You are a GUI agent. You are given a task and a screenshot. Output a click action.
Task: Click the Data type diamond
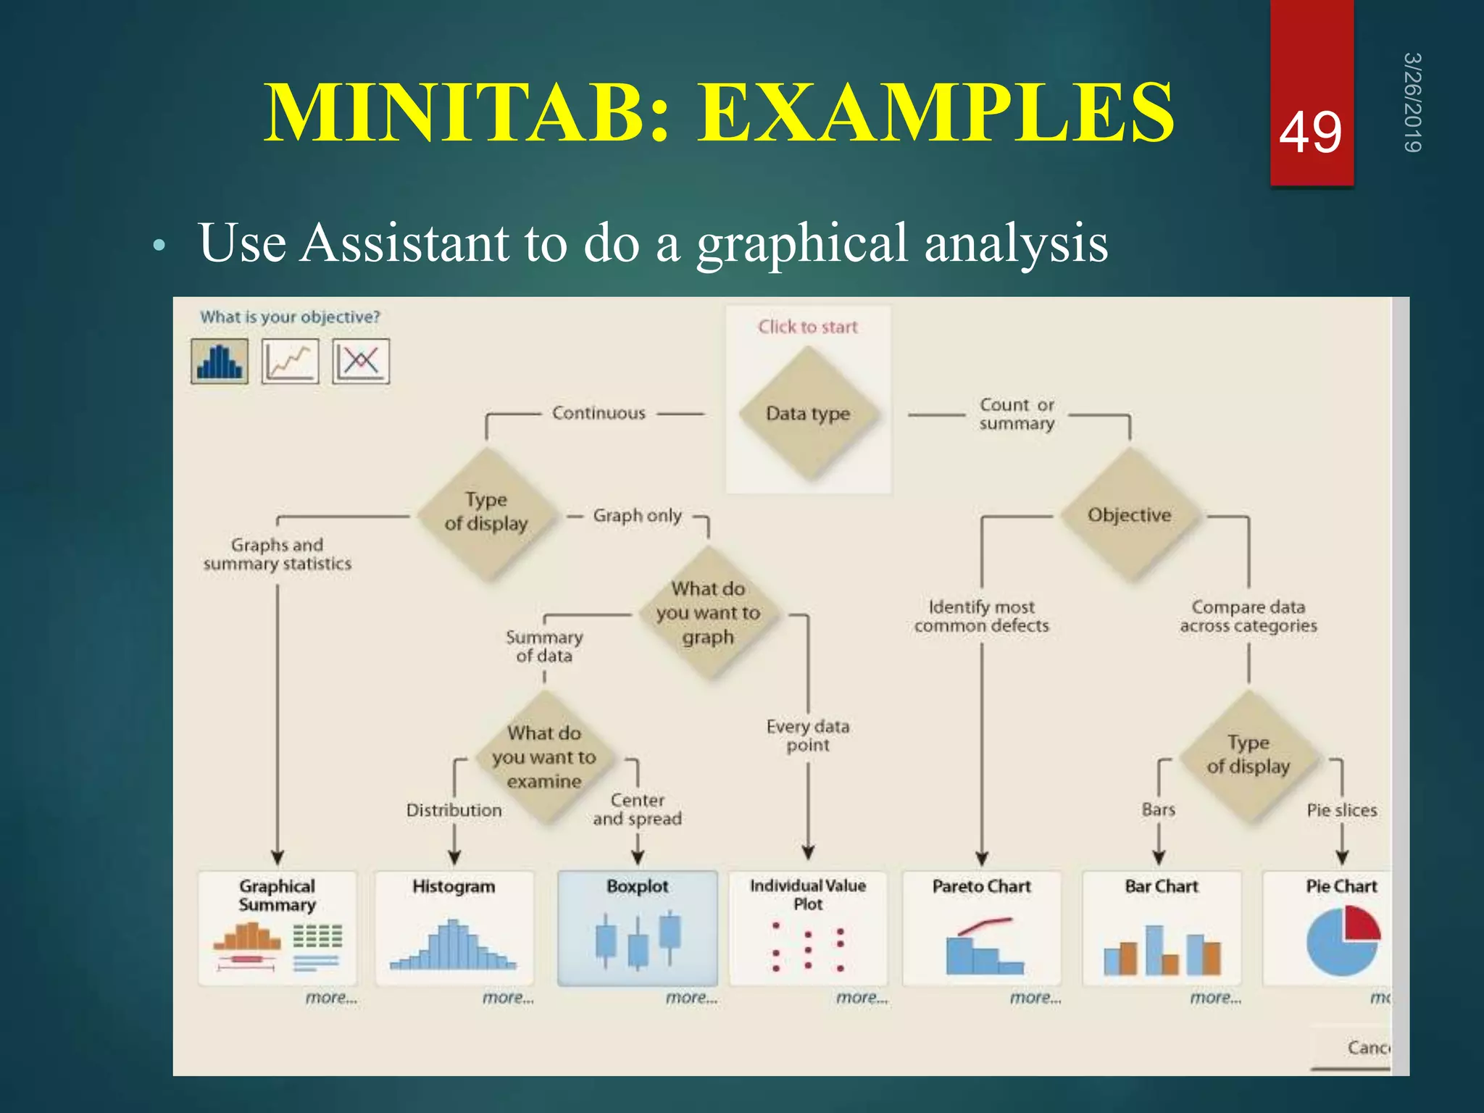[x=808, y=414]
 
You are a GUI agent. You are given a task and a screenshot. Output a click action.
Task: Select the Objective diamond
[x=1129, y=515]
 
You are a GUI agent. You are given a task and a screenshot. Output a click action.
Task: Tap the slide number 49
[x=1310, y=133]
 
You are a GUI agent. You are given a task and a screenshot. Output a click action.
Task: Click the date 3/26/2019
[x=1412, y=102]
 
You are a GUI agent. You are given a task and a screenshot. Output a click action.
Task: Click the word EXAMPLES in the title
[x=935, y=114]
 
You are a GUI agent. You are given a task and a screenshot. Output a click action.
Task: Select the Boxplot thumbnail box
[x=638, y=928]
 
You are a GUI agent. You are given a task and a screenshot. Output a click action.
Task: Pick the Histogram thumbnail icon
[x=454, y=945]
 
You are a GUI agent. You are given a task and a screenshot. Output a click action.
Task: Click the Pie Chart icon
[x=1343, y=941]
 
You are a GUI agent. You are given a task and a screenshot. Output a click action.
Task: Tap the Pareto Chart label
[x=981, y=886]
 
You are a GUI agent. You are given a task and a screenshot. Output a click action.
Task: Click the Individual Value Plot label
[x=808, y=895]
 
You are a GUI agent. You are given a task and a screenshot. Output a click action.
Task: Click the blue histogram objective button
[x=220, y=361]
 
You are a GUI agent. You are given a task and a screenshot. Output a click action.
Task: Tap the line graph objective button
[x=290, y=361]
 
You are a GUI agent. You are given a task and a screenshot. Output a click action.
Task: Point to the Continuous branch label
[x=599, y=413]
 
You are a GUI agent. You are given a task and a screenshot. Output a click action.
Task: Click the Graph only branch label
[x=637, y=516]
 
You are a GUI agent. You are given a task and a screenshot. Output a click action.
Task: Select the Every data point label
[x=808, y=735]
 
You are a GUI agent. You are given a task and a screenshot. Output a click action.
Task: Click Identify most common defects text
[x=981, y=616]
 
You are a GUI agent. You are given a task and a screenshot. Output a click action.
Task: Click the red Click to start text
[x=808, y=327]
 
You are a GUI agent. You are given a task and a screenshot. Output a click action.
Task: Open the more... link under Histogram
[x=508, y=998]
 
